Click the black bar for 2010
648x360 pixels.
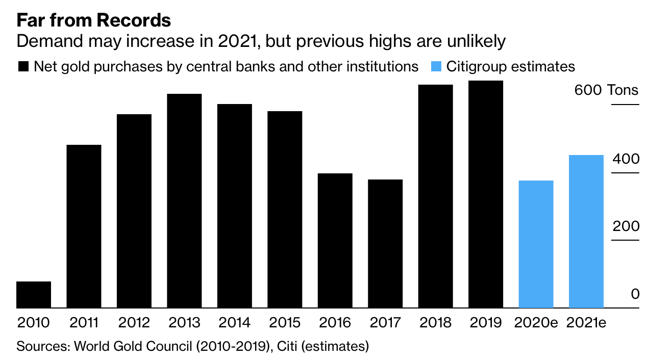34,295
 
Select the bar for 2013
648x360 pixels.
184,201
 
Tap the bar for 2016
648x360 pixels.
335,241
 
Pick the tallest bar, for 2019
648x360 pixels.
486,194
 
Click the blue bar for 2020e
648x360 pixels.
536,244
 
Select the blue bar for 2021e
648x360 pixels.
586,232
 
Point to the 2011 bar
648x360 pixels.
84,226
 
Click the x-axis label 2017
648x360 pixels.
385,323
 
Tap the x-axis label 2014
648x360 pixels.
234,323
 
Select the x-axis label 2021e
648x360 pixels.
586,323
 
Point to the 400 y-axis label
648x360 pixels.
625,159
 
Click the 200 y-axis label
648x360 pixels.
625,226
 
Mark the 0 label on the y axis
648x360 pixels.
635,294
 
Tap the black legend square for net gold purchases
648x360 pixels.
23,67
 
